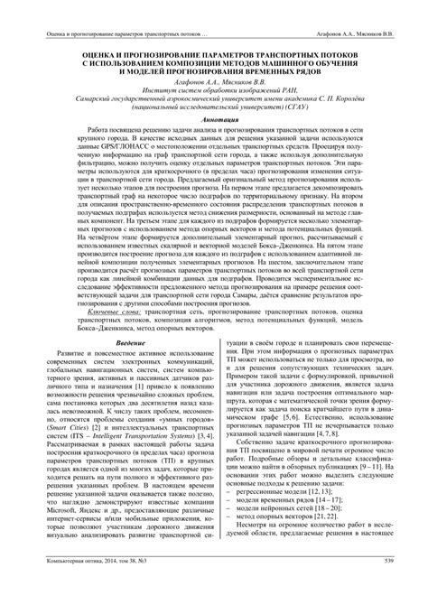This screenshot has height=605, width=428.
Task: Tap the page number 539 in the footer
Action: (x=389, y=588)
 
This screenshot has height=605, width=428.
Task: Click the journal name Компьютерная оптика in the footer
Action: (x=76, y=588)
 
